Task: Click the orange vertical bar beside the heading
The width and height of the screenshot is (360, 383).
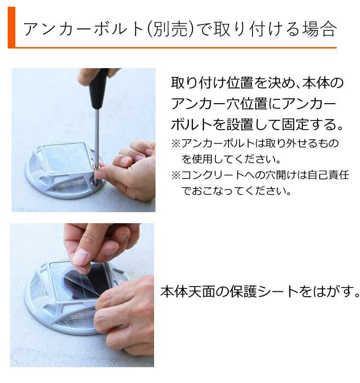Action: [x=12, y=27]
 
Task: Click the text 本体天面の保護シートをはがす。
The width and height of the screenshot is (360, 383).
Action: [x=259, y=291]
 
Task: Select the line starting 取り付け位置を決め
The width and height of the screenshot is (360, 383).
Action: [x=257, y=83]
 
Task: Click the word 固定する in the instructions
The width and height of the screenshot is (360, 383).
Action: [x=305, y=125]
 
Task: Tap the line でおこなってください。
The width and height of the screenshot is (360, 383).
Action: [x=237, y=191]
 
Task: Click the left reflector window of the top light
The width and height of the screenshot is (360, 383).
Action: [x=36, y=166]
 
